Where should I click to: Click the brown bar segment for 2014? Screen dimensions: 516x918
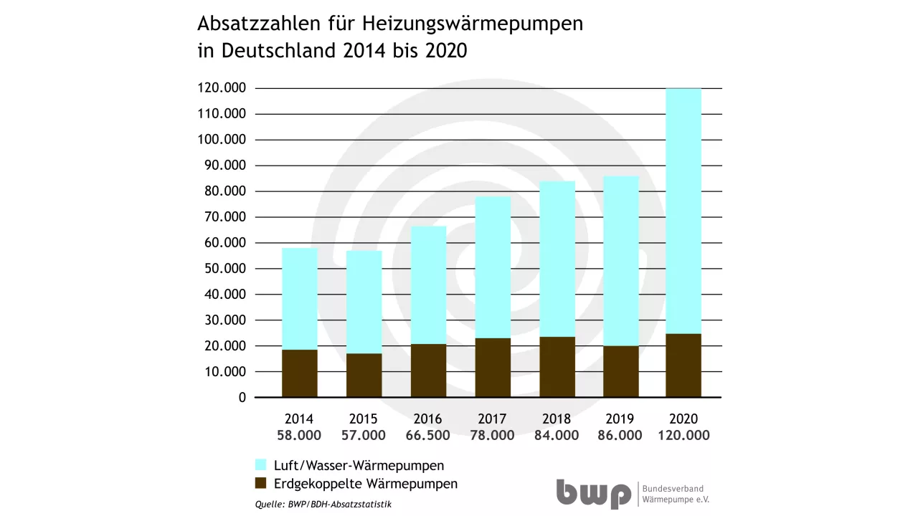pyautogui.click(x=299, y=373)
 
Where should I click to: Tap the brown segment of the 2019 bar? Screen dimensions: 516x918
pyautogui.click(x=620, y=371)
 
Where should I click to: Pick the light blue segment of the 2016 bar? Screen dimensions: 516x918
pyautogui.click(x=428, y=285)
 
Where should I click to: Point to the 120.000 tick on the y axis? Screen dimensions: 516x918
pyautogui.click(x=221, y=88)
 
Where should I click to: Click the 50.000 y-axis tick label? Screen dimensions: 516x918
pyautogui.click(x=221, y=269)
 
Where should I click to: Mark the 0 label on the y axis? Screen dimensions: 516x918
pyautogui.click(x=242, y=398)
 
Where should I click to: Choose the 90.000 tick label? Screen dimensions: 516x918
pyautogui.click(x=221, y=166)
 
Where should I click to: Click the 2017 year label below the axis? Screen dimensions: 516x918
pyautogui.click(x=492, y=419)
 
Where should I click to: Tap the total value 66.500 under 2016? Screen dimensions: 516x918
pyautogui.click(x=428, y=436)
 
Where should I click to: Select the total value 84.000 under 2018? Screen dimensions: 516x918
pyautogui.click(x=557, y=436)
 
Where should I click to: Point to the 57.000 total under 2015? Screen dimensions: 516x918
pyautogui.click(x=364, y=436)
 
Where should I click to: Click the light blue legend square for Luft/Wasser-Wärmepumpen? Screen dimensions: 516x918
pyautogui.click(x=261, y=464)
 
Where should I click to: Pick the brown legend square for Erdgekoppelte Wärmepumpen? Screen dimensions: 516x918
pyautogui.click(x=261, y=483)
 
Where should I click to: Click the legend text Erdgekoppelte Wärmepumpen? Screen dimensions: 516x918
pyautogui.click(x=366, y=483)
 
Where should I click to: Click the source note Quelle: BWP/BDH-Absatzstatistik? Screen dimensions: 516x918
pyautogui.click(x=323, y=505)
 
